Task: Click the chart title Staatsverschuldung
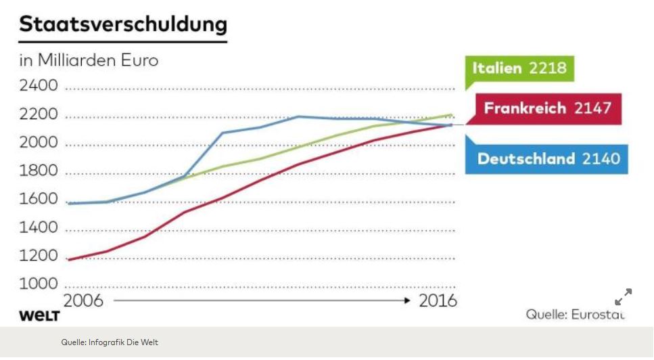coord(122,24)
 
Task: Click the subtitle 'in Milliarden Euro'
coord(89,60)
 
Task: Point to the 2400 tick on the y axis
coord(39,87)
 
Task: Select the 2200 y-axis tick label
coord(39,116)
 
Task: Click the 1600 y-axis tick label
coord(39,200)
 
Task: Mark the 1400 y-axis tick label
coord(39,228)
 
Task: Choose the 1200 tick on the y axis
coord(39,256)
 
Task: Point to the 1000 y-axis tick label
coord(39,284)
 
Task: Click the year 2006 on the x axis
coord(83,300)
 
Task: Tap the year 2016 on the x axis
coord(438,300)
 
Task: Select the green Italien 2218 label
coord(519,68)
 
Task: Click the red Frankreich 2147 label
coord(547,108)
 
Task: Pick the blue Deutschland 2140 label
coord(548,159)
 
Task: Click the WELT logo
coord(39,317)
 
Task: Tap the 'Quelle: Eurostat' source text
coord(575,315)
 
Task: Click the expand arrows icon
coord(623,297)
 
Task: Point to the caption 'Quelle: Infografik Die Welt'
coord(110,342)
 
